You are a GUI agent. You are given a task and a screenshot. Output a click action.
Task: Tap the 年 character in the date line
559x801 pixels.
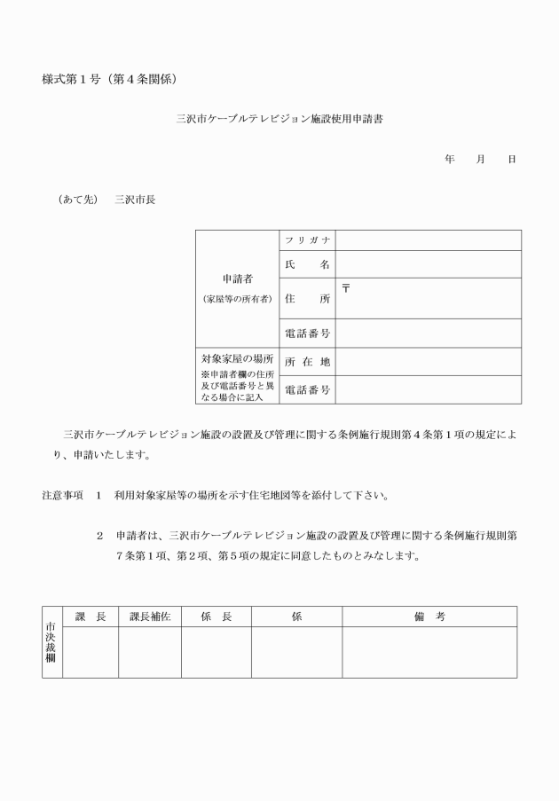click(x=450, y=159)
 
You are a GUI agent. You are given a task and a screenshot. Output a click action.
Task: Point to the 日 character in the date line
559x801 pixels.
click(x=511, y=159)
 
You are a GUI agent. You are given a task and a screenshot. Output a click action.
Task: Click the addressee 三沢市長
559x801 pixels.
click(x=135, y=200)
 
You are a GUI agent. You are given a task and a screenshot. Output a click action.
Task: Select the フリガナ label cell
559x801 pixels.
click(x=307, y=240)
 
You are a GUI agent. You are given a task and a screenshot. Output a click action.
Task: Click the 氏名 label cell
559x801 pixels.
click(x=307, y=264)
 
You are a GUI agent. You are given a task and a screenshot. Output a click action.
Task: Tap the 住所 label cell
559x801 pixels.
click(x=307, y=299)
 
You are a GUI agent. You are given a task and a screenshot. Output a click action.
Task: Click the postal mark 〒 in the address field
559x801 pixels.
click(x=346, y=287)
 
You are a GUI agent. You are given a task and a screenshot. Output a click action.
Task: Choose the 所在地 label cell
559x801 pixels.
click(x=307, y=362)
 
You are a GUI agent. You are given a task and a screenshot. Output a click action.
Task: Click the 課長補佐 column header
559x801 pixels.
click(x=150, y=616)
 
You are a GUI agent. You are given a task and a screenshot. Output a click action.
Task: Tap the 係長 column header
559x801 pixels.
click(x=217, y=616)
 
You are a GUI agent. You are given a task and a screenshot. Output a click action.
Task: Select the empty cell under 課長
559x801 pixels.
click(x=91, y=652)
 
